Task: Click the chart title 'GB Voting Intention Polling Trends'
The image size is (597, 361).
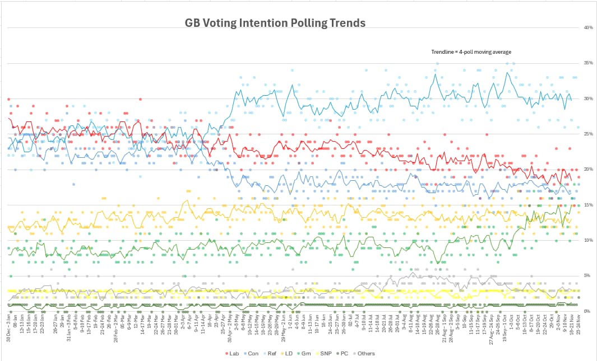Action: pos(275,23)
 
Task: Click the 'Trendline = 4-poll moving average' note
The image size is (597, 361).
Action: pos(471,52)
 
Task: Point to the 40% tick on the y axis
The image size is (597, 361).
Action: pos(588,27)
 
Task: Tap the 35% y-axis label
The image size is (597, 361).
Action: pos(588,63)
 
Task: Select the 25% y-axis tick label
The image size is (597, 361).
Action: pos(588,134)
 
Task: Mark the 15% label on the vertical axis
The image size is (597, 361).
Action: pos(588,205)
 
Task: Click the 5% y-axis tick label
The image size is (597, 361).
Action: pos(588,275)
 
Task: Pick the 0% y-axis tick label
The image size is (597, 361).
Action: pos(588,311)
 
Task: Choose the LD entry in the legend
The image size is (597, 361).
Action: pos(286,353)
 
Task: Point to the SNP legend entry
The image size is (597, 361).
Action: pos(323,353)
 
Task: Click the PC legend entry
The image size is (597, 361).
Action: pos(343,353)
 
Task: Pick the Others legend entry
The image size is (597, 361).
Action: pos(364,353)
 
